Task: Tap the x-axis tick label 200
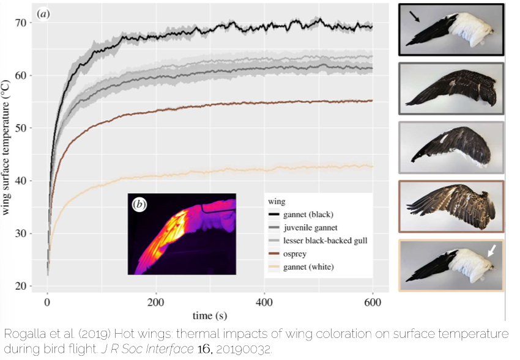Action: [x=156, y=303]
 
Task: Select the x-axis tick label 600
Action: [x=372, y=303]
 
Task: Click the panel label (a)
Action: [x=44, y=13]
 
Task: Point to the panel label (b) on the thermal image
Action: [x=139, y=205]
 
